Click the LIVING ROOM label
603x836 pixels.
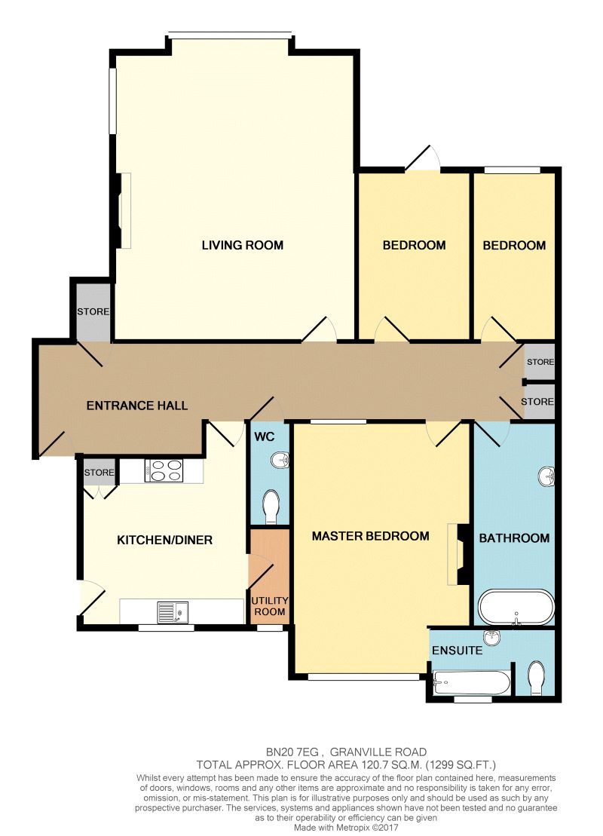coord(242,245)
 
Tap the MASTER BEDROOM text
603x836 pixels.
coord(370,536)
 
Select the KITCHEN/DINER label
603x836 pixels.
coord(164,540)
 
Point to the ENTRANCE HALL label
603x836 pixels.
coord(137,406)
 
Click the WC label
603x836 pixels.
coord(262,436)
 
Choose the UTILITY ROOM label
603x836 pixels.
coord(269,606)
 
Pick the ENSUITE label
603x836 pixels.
coord(457,650)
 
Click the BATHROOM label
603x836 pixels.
coord(514,538)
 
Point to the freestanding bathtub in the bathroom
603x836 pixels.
coord(516,606)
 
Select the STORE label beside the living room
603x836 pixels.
coord(93,311)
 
